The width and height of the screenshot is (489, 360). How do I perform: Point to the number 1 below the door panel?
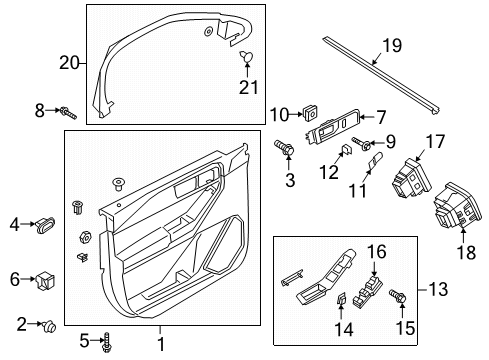click(159, 344)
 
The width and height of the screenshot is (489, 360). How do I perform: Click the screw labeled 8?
click(64, 112)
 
